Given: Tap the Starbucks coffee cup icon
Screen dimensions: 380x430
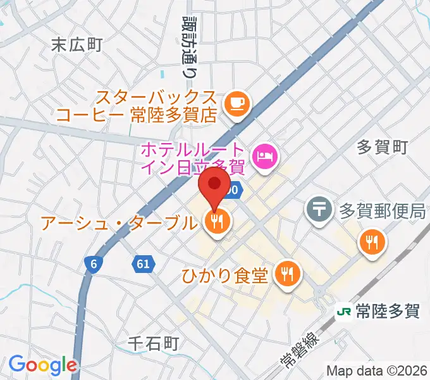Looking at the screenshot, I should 237,102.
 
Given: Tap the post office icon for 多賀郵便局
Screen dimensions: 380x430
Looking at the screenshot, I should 319,207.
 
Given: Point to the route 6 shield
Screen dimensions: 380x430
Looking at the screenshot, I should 93,266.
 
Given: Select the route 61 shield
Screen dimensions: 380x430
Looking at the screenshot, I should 143,264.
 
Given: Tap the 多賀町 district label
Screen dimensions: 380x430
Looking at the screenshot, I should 383,148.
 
